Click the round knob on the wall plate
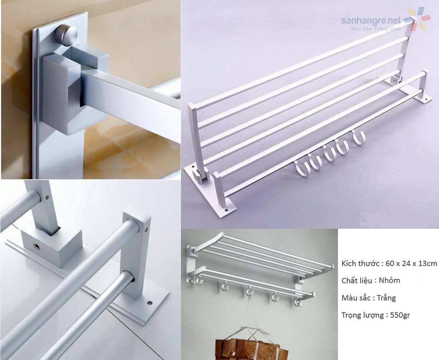point(66,35)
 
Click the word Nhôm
point(390,280)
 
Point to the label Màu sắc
point(357,298)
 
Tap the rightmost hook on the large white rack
point(358,138)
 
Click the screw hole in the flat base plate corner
point(149,303)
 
